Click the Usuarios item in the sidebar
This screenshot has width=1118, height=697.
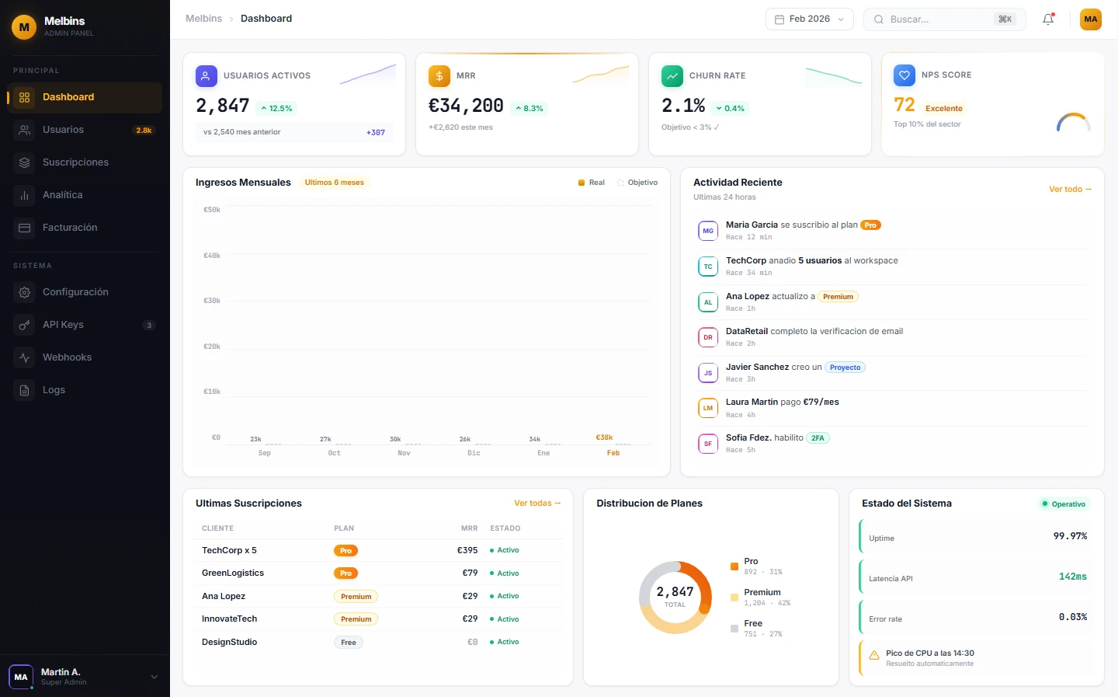[63, 130]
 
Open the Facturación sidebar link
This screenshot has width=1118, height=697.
[70, 228]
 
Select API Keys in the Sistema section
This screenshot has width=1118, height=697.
[63, 325]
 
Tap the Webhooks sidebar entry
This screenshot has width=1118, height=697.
[67, 357]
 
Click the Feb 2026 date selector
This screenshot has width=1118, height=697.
[809, 19]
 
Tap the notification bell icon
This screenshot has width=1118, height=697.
[1048, 19]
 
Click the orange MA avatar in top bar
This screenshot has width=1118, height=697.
[1090, 19]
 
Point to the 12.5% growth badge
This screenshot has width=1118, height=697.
[276, 109]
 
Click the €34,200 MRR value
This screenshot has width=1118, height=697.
[466, 106]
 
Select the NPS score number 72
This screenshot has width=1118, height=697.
[904, 105]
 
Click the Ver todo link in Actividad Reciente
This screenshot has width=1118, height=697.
[1070, 190]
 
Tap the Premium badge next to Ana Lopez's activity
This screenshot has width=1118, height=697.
[838, 297]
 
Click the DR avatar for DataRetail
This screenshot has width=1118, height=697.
[707, 337]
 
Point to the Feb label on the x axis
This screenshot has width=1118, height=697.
[613, 453]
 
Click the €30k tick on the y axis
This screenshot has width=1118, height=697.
[212, 301]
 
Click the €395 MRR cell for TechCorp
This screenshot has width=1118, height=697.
[467, 550]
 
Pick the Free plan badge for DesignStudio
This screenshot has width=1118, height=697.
[349, 643]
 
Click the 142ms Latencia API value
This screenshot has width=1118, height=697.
[1072, 577]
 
